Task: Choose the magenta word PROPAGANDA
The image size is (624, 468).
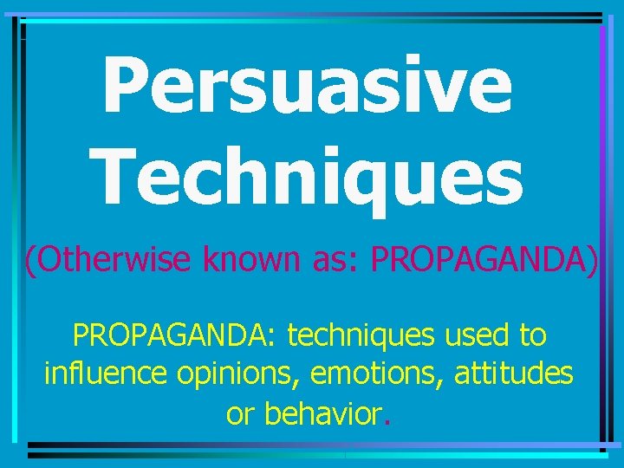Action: [x=481, y=258]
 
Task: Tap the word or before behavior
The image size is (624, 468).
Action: [x=240, y=415]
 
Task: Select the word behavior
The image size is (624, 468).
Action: [x=322, y=413]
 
